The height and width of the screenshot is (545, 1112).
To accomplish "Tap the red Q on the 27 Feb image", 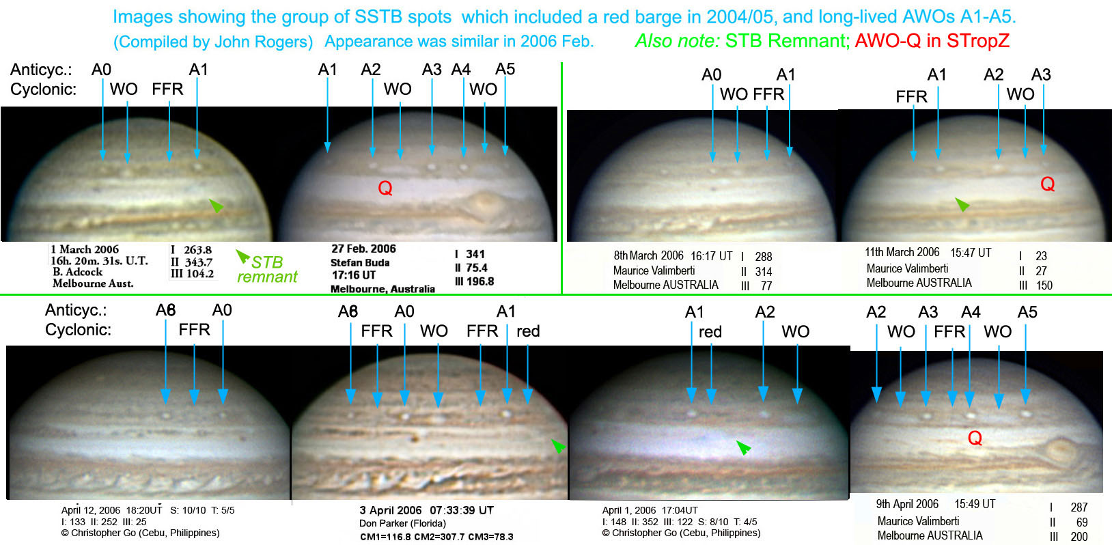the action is point(385,188).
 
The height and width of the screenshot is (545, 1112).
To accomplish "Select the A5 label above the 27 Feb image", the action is point(505,69).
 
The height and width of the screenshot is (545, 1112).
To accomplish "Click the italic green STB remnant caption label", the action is point(267,269).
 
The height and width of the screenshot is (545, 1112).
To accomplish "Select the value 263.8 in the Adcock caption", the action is point(197,250).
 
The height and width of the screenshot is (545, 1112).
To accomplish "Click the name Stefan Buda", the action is point(360,262).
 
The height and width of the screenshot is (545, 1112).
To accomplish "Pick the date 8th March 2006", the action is point(648,255).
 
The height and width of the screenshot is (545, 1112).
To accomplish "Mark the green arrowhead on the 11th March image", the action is point(962,204).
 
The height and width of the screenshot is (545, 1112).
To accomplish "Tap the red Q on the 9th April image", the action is point(975,438).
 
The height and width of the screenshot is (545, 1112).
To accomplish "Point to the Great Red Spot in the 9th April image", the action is point(1061,451).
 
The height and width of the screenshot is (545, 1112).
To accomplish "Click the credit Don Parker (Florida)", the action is point(402,523).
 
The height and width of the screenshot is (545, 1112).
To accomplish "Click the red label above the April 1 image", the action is point(710,331).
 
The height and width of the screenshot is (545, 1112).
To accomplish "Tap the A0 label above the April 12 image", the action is point(222,310).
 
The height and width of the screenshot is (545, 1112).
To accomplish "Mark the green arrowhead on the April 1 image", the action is point(743,448).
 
